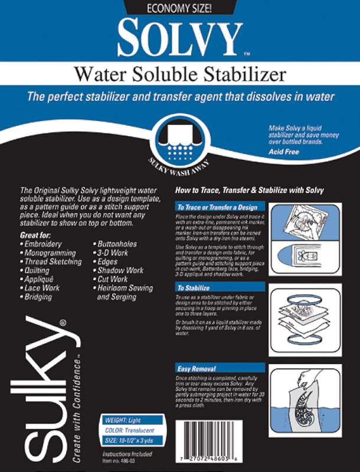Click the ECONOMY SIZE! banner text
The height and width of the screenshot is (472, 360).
click(x=180, y=8)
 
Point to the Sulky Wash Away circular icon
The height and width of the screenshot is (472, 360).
click(x=179, y=142)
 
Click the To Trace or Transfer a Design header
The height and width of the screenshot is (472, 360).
click(x=217, y=208)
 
